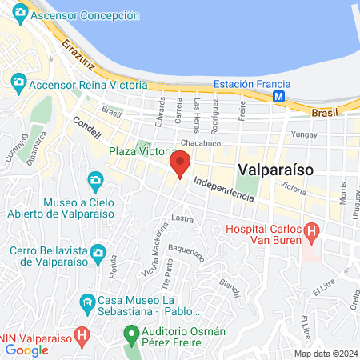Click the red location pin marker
(180, 164)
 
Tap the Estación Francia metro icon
(278, 96)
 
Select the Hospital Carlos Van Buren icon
(312, 234)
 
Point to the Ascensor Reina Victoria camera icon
(18, 82)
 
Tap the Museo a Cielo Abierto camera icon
(96, 179)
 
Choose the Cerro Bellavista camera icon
(98, 254)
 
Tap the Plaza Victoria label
(142, 151)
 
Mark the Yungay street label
(306, 134)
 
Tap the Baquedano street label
(187, 251)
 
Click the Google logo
(26, 350)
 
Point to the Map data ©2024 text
(324, 354)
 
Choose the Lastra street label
(182, 217)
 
